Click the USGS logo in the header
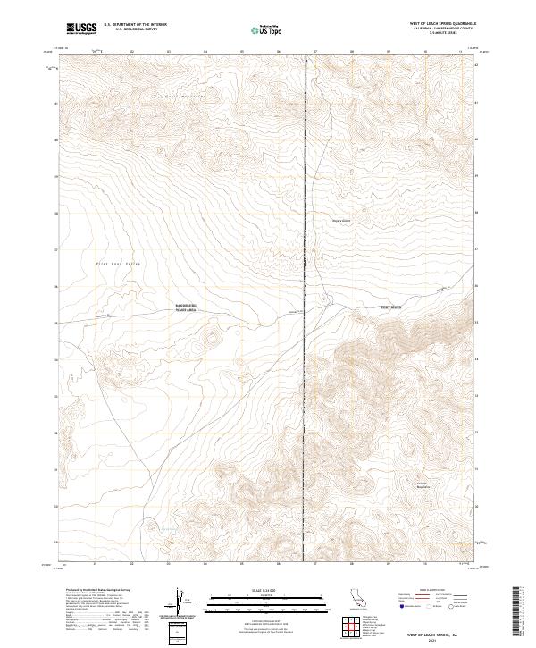pyautogui.click(x=81, y=29)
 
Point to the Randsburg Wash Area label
pyautogui.click(x=185, y=307)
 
